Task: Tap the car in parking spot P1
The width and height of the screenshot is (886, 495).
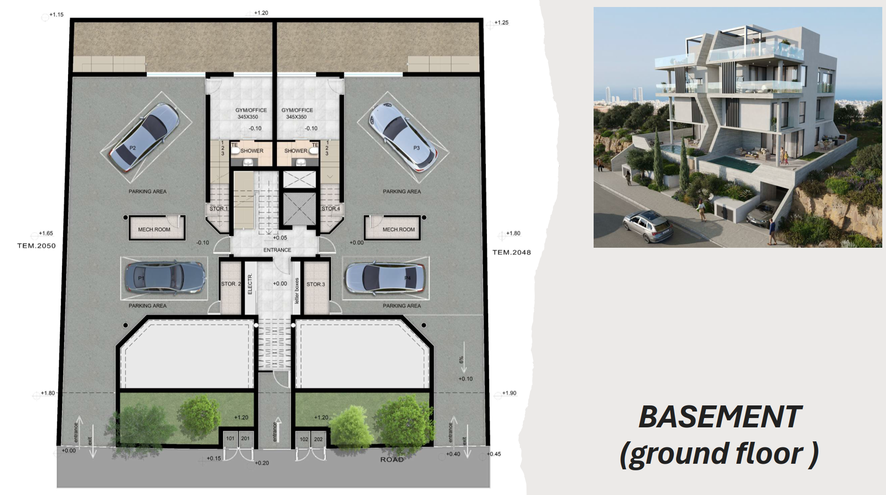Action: [x=165, y=278]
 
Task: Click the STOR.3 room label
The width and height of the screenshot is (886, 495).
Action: [x=316, y=284]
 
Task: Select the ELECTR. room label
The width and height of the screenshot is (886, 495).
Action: [x=250, y=284]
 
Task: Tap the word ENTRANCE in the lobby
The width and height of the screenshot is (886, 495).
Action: [x=277, y=250]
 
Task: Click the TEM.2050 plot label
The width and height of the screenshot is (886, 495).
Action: [x=36, y=246]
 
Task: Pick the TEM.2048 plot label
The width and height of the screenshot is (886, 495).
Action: [x=512, y=252]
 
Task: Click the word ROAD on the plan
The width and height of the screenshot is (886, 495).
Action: [x=392, y=460]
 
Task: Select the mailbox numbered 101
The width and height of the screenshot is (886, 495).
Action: [x=230, y=439]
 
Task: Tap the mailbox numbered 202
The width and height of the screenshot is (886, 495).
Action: [x=318, y=439]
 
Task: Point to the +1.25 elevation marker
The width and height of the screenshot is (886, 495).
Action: [x=501, y=22]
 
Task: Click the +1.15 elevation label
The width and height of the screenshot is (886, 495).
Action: [x=56, y=14]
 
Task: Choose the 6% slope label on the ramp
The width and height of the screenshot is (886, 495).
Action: [x=461, y=360]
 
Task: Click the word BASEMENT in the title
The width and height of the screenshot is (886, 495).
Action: [x=720, y=417]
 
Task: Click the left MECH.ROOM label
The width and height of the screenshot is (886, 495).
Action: [x=154, y=230]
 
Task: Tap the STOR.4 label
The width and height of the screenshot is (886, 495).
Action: [x=331, y=209]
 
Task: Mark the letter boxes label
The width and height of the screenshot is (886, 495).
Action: [x=297, y=291]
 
